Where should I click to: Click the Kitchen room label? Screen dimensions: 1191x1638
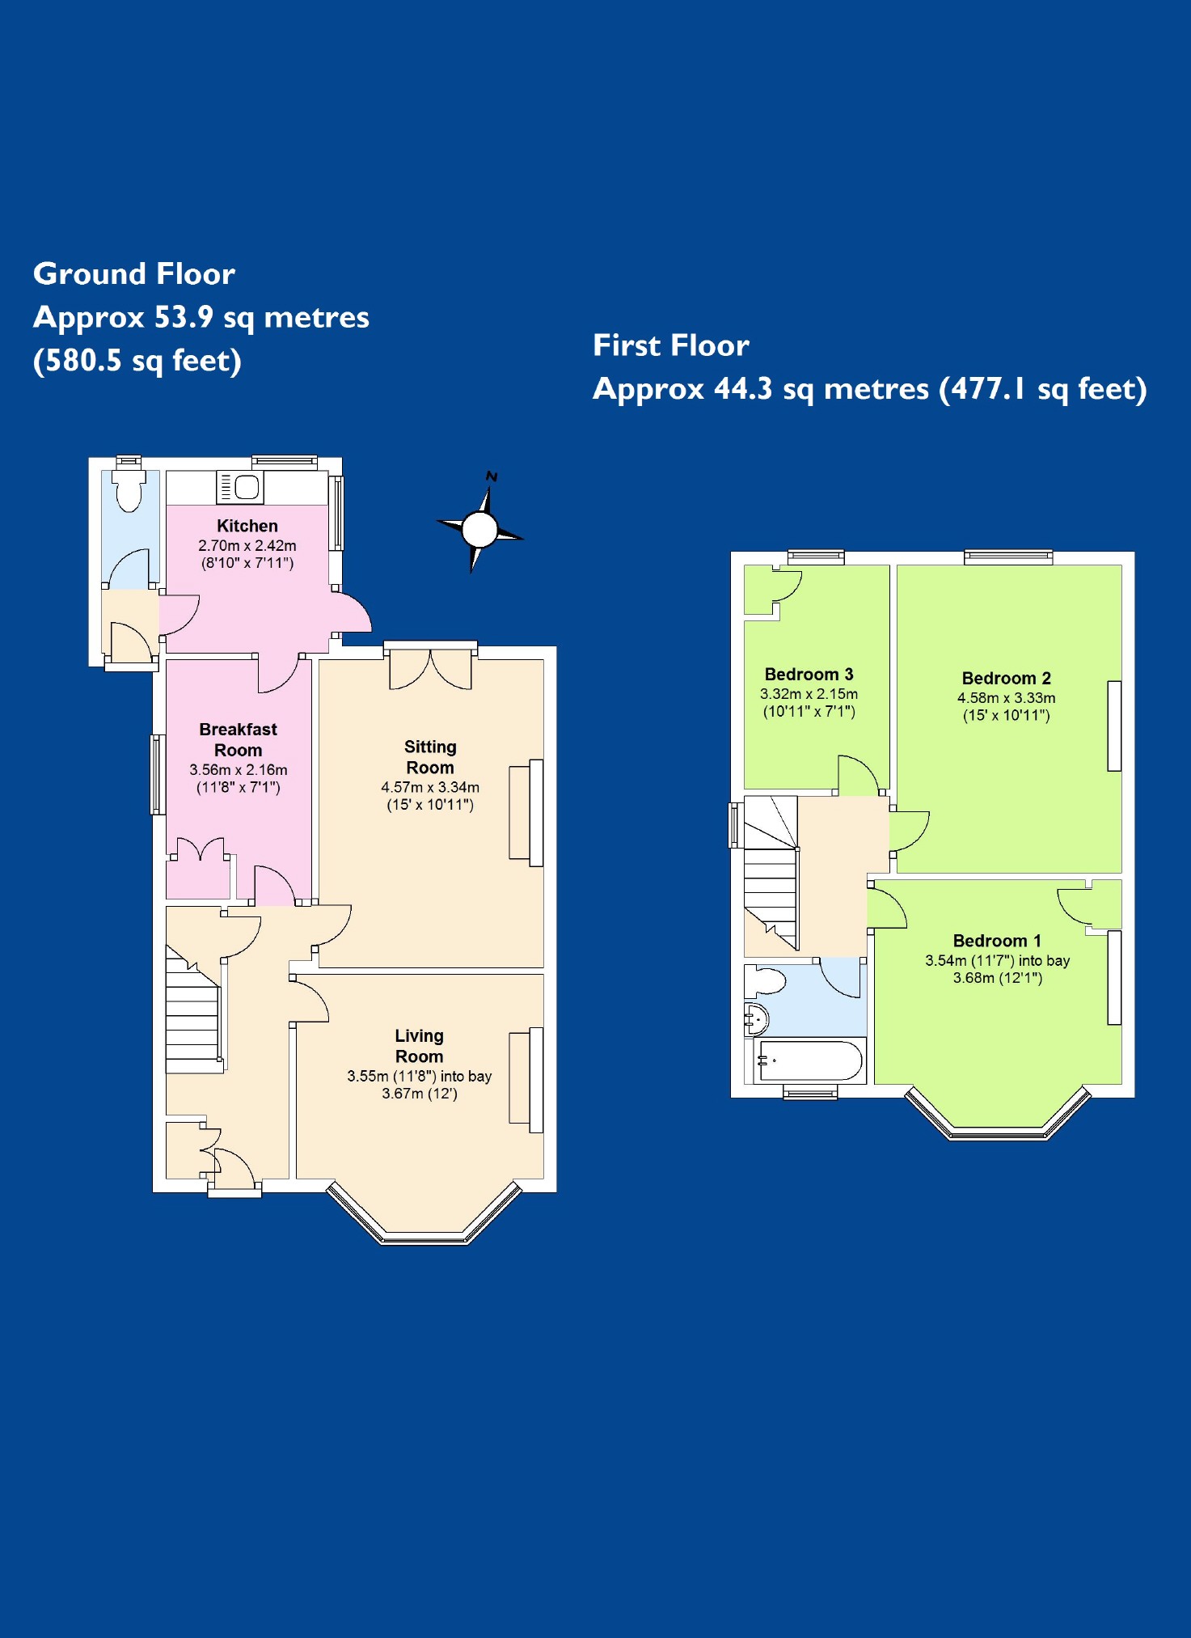point(247,526)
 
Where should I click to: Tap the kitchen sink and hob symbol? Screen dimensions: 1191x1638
point(240,487)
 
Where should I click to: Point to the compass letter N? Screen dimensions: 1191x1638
point(492,476)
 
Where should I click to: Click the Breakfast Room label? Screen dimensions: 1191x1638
point(238,739)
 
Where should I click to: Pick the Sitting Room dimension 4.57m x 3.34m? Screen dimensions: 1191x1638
point(430,787)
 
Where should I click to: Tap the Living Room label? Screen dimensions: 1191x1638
point(419,1046)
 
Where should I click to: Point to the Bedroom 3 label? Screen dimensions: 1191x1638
point(809,675)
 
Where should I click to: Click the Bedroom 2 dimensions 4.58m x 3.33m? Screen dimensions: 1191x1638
point(1006,698)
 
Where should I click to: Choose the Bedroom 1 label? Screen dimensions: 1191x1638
point(997,941)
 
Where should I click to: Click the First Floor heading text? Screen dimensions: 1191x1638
point(671,345)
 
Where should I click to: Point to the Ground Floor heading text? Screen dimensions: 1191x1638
point(134,274)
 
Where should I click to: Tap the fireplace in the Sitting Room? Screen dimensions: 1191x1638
point(526,812)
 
